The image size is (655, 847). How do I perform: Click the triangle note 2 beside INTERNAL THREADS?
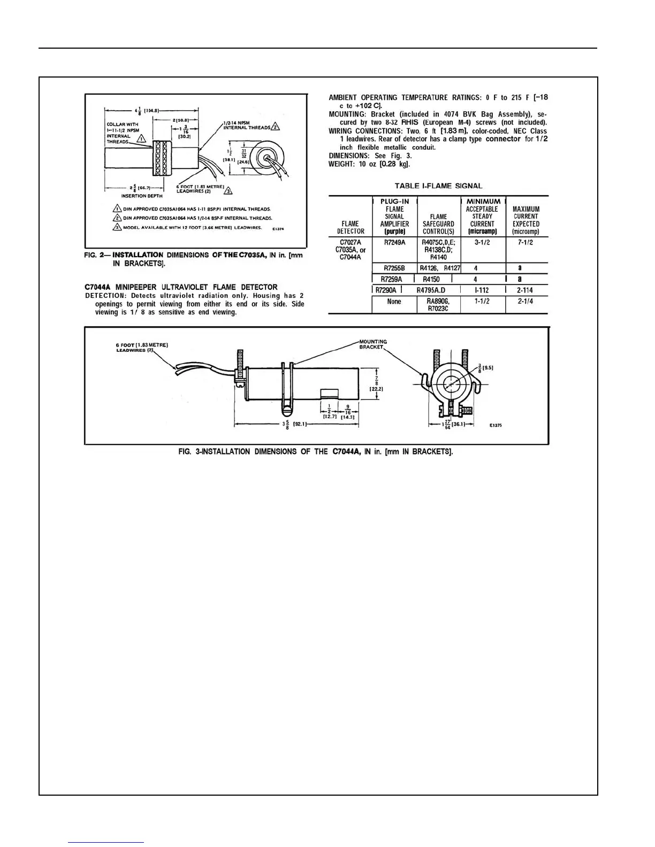pos(275,127)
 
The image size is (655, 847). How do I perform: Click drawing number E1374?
pos(278,228)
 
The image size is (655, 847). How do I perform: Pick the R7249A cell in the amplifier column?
pos(394,242)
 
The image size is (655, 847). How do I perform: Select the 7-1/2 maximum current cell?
pos(525,242)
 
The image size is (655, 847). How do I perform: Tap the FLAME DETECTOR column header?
pos(351,227)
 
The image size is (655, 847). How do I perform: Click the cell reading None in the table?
pos(394,302)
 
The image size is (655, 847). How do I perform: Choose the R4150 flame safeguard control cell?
pos(431,279)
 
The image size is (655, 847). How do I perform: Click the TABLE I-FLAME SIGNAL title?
pos(438,186)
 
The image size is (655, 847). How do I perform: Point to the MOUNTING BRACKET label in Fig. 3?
pos(372,344)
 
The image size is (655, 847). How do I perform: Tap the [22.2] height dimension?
pos(377,389)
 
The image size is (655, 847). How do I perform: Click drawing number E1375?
pos(496,426)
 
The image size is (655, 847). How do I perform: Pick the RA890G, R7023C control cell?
pos(438,305)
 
